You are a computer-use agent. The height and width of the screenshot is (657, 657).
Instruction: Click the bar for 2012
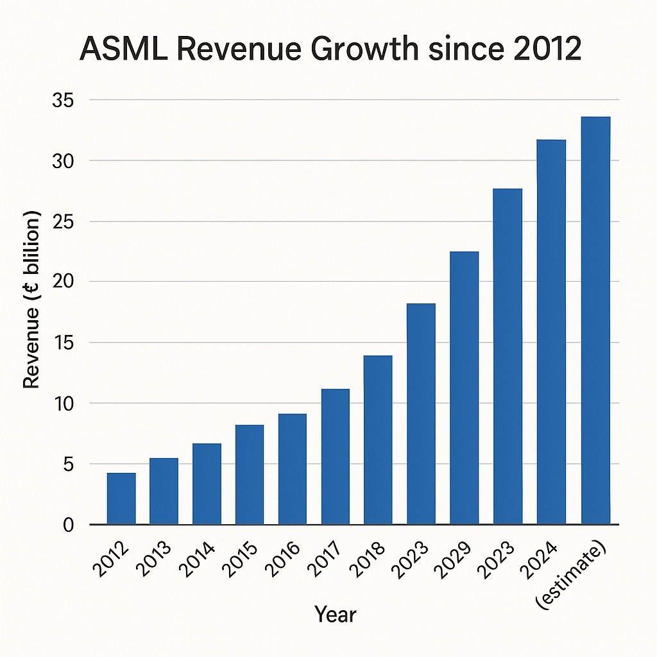(x=121, y=499)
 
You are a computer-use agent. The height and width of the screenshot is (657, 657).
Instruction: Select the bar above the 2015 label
(x=250, y=475)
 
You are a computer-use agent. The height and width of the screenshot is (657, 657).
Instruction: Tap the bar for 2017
(x=336, y=457)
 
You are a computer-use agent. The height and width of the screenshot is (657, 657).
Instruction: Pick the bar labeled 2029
(x=464, y=388)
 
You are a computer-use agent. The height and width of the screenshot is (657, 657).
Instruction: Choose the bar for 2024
(x=551, y=332)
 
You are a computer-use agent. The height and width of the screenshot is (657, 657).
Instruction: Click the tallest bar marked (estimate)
(x=595, y=321)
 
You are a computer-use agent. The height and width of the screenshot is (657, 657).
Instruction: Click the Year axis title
(x=335, y=615)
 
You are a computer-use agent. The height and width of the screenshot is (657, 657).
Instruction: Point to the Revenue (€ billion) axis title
(x=32, y=298)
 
